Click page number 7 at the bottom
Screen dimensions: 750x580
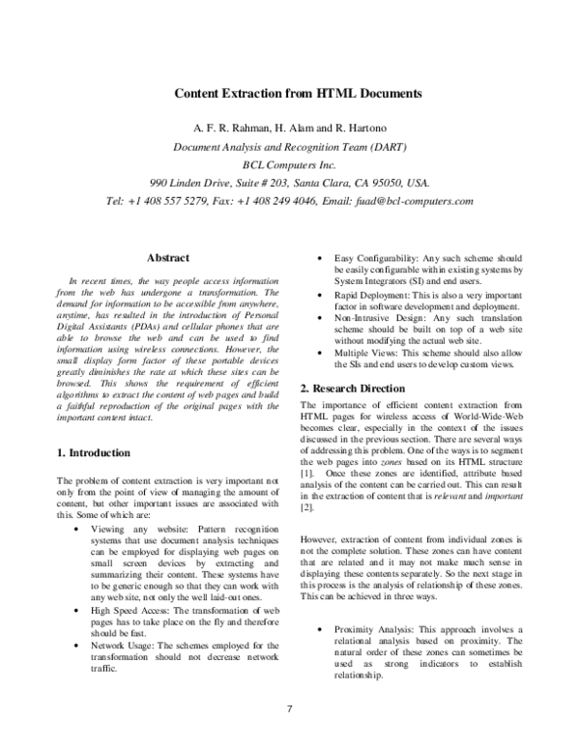pos(289,710)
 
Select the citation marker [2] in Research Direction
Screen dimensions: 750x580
pos(307,505)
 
